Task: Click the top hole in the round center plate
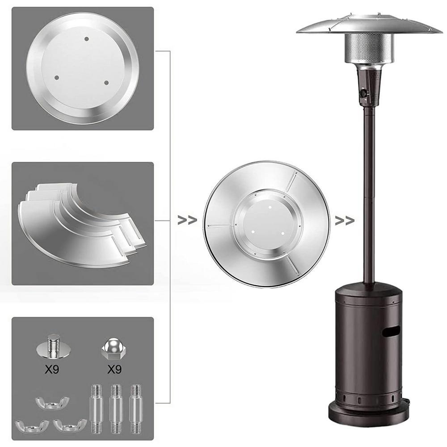coord(85,39)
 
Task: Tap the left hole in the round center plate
coord(56,77)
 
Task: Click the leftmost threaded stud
coord(97,407)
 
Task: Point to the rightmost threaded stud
coord(135,407)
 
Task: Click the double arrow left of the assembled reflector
coord(187,220)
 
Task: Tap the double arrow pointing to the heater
coord(344,220)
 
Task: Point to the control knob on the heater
coord(364,93)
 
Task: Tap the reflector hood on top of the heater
coord(369,25)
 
